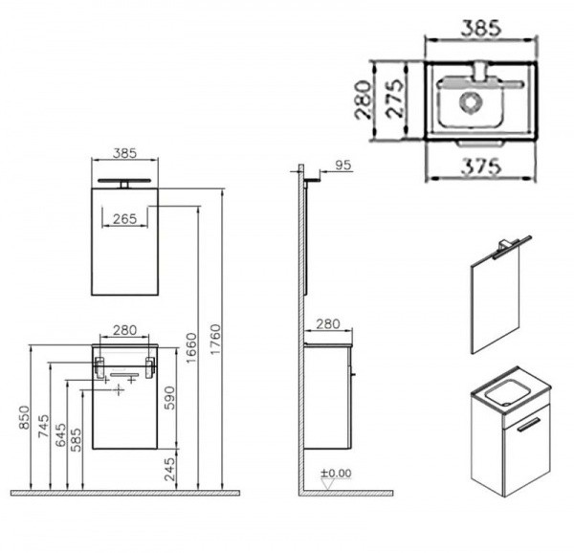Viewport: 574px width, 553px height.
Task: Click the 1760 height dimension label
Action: (x=216, y=339)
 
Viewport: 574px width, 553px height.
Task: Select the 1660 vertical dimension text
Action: (x=191, y=348)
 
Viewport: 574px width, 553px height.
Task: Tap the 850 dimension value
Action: (x=24, y=417)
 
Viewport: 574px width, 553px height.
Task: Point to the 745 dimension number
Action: (x=43, y=426)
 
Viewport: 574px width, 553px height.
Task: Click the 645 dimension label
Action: (x=60, y=434)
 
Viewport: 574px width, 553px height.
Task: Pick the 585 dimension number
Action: (x=76, y=439)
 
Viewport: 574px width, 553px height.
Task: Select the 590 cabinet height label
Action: (x=169, y=398)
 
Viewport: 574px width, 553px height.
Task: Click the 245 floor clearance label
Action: (x=169, y=469)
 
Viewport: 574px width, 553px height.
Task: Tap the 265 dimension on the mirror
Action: (x=124, y=219)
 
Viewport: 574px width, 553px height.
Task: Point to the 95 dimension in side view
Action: (x=343, y=166)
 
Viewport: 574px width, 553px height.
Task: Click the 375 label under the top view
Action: (x=480, y=166)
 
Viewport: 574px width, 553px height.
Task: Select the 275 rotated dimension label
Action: (x=395, y=99)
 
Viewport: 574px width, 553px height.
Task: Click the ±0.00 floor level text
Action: (x=336, y=474)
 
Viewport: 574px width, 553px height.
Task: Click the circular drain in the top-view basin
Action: (x=470, y=100)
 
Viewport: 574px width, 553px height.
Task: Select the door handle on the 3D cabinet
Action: (x=528, y=423)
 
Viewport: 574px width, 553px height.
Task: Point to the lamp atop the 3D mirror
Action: (x=511, y=246)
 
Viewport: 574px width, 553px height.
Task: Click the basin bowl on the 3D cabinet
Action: (x=506, y=392)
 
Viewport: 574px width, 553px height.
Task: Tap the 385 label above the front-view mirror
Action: (x=124, y=153)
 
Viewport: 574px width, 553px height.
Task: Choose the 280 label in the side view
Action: (x=328, y=324)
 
